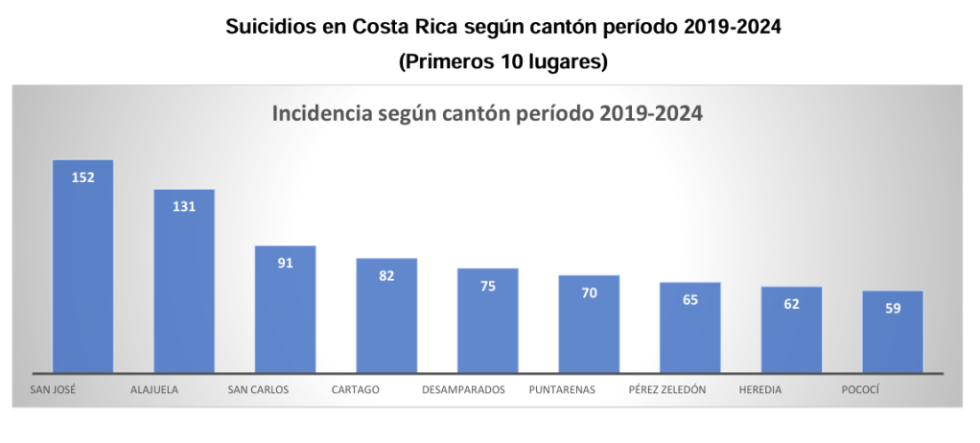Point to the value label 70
pos(589,292)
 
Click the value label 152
pos(83,176)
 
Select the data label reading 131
pos(185,206)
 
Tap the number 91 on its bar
pos(285,263)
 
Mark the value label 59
pos(893,308)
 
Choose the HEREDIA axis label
pos(760,390)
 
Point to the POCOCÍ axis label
pos(860,390)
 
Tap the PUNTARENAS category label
pos(562,390)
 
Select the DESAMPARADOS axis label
pos(463,390)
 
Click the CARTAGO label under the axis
pos(356,390)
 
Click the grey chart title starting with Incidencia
pos(488,114)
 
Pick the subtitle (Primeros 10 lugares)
pos(503,61)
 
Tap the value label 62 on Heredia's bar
pos(791,303)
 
